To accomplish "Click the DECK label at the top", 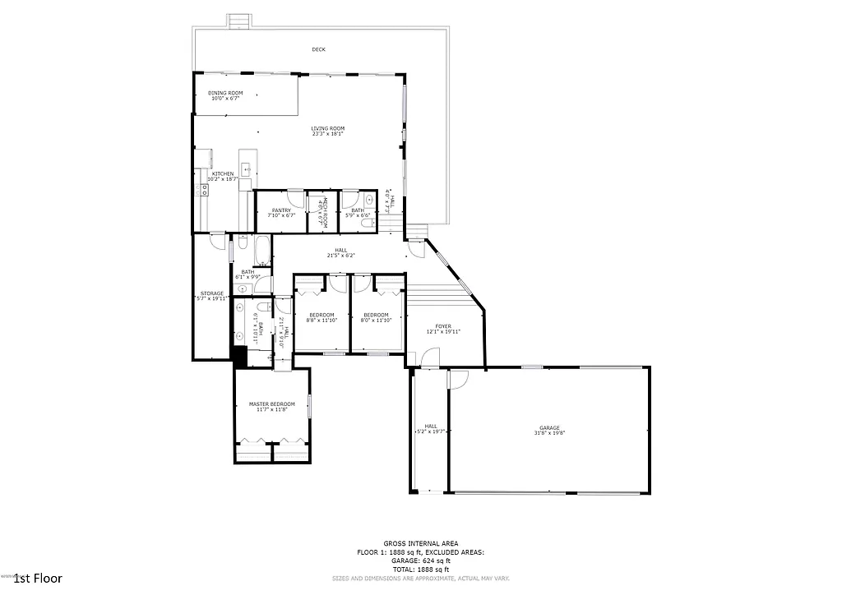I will pos(318,49).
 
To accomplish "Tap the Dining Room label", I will pos(224,93).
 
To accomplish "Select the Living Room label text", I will pos(327,128).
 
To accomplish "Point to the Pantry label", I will pos(281,210).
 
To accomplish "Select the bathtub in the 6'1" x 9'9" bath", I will pos(261,251).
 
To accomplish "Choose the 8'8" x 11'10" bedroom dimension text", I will pos(322,321).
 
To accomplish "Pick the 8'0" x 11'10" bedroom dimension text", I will pos(376,321).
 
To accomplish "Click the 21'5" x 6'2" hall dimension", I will pos(340,256).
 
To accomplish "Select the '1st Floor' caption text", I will pos(38,579).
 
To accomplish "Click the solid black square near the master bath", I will pos(239,356).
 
